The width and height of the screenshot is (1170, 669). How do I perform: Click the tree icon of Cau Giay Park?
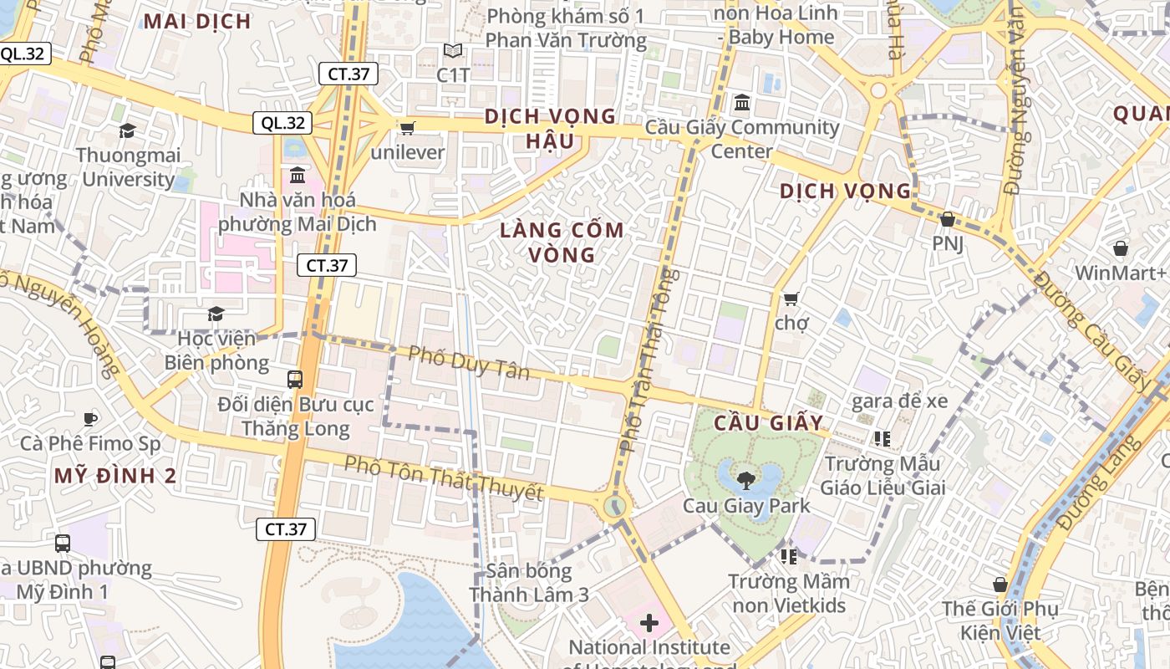point(745,480)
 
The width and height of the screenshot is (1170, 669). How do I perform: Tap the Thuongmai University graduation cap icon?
point(127,130)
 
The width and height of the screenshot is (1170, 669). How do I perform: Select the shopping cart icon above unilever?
point(407,127)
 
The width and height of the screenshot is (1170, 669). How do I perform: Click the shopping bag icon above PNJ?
point(947,219)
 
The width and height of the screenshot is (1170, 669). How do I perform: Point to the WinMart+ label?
point(1120,273)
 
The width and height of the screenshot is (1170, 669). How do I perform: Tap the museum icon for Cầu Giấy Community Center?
point(741,104)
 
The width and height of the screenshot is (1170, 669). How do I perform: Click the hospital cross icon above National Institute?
point(649,623)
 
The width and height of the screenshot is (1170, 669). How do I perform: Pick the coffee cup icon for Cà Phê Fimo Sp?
point(90,418)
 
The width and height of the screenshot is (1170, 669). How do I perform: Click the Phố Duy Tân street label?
point(468,361)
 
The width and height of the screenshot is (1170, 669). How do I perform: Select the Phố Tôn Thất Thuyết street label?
point(443,478)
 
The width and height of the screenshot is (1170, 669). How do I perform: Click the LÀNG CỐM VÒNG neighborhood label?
point(562,242)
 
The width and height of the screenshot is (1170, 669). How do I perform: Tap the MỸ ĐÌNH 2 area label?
point(115,476)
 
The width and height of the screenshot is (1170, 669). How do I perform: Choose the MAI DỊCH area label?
point(197,22)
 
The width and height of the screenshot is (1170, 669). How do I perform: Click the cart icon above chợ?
point(791,298)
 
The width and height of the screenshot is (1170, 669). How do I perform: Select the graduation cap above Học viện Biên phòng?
point(216,314)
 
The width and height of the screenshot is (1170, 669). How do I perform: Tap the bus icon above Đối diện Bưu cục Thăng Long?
point(295,379)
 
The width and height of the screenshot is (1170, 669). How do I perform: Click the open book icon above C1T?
point(453,51)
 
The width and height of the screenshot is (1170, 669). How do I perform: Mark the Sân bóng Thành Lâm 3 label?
point(529,583)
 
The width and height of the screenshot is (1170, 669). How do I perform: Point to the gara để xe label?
point(899,401)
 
